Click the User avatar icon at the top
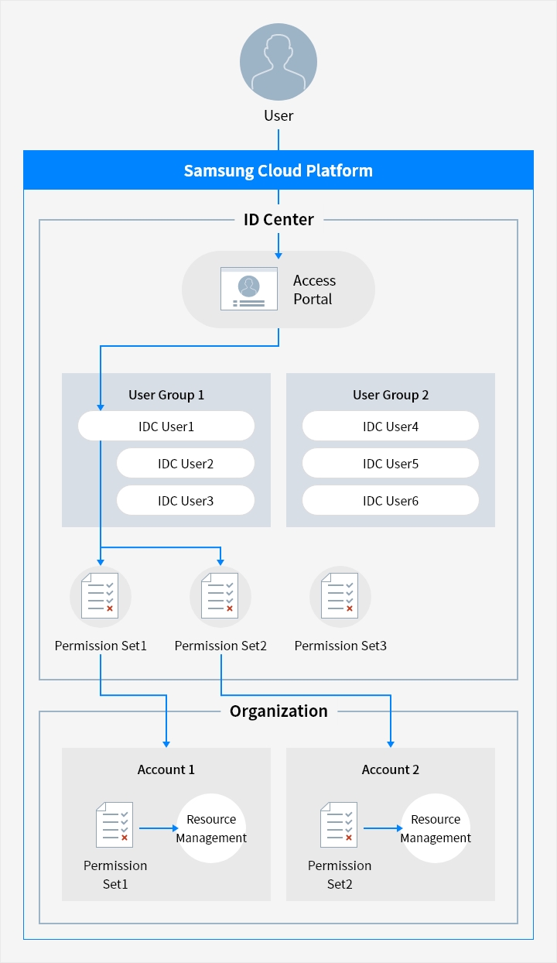click(x=278, y=62)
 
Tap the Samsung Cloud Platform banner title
click(x=278, y=170)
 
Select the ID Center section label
click(x=278, y=220)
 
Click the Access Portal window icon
click(x=248, y=289)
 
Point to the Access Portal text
click(x=314, y=290)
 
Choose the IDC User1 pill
click(x=166, y=427)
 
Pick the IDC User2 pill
click(x=186, y=464)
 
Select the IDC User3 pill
click(x=186, y=501)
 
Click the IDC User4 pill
click(x=391, y=427)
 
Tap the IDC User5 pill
click(x=391, y=464)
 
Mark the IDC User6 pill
click(x=391, y=501)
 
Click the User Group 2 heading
click(x=391, y=395)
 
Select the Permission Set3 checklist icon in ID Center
click(x=340, y=597)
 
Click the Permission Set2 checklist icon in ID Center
click(x=220, y=597)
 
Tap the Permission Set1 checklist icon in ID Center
click(x=101, y=597)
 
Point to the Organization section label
click(x=278, y=711)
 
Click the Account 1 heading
click(x=166, y=769)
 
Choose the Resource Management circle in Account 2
click(x=436, y=828)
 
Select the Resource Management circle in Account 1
click(x=211, y=828)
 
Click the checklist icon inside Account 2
click(x=339, y=825)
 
